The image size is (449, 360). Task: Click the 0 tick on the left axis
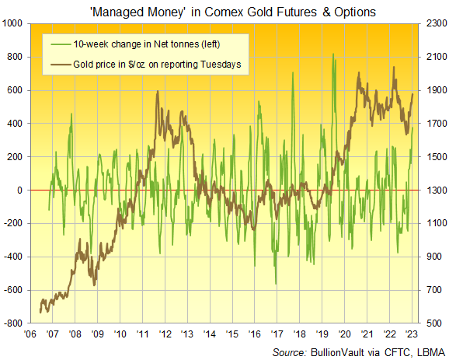(23, 190)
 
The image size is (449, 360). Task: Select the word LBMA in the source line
(426, 351)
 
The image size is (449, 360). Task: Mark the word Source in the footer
(287, 351)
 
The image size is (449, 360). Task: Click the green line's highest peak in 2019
(332, 54)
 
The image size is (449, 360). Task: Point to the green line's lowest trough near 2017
(277, 285)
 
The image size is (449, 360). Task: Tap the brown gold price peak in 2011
(158, 91)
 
